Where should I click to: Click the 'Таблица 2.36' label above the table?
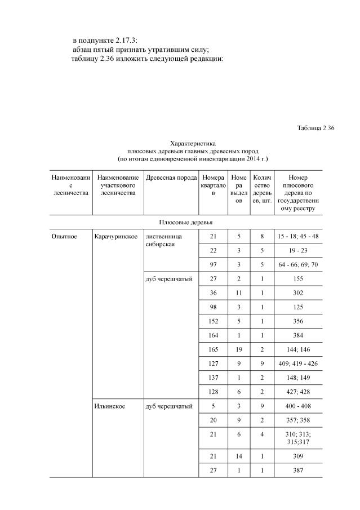[315, 128]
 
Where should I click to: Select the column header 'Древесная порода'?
[171, 178]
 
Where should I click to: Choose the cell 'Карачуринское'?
[117, 236]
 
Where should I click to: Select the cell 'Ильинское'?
[110, 406]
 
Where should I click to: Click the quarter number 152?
[212, 321]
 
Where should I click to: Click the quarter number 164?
[212, 335]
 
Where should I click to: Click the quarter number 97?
[212, 264]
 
